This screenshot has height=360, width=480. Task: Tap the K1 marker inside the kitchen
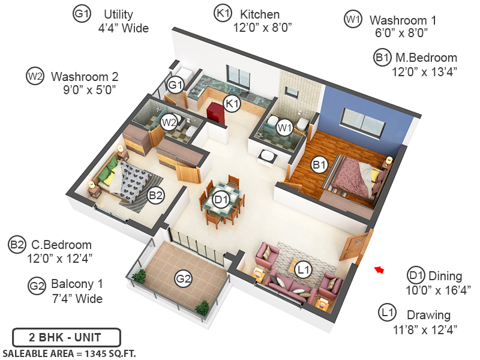[232, 104]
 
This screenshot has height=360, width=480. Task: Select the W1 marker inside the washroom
[284, 127]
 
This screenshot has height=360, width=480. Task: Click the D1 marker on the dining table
[220, 199]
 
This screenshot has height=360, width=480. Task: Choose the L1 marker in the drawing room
[304, 270]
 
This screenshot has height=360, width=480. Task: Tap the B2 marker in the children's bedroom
[156, 195]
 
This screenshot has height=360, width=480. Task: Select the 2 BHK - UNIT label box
[67, 337]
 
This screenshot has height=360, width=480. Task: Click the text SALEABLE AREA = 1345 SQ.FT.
[69, 353]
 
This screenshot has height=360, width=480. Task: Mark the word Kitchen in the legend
[259, 13]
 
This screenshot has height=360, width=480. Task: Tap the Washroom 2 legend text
[85, 77]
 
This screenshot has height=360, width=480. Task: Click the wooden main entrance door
[356, 245]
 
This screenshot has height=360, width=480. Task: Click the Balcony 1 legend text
[77, 284]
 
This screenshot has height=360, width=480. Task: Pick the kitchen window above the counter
[239, 77]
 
